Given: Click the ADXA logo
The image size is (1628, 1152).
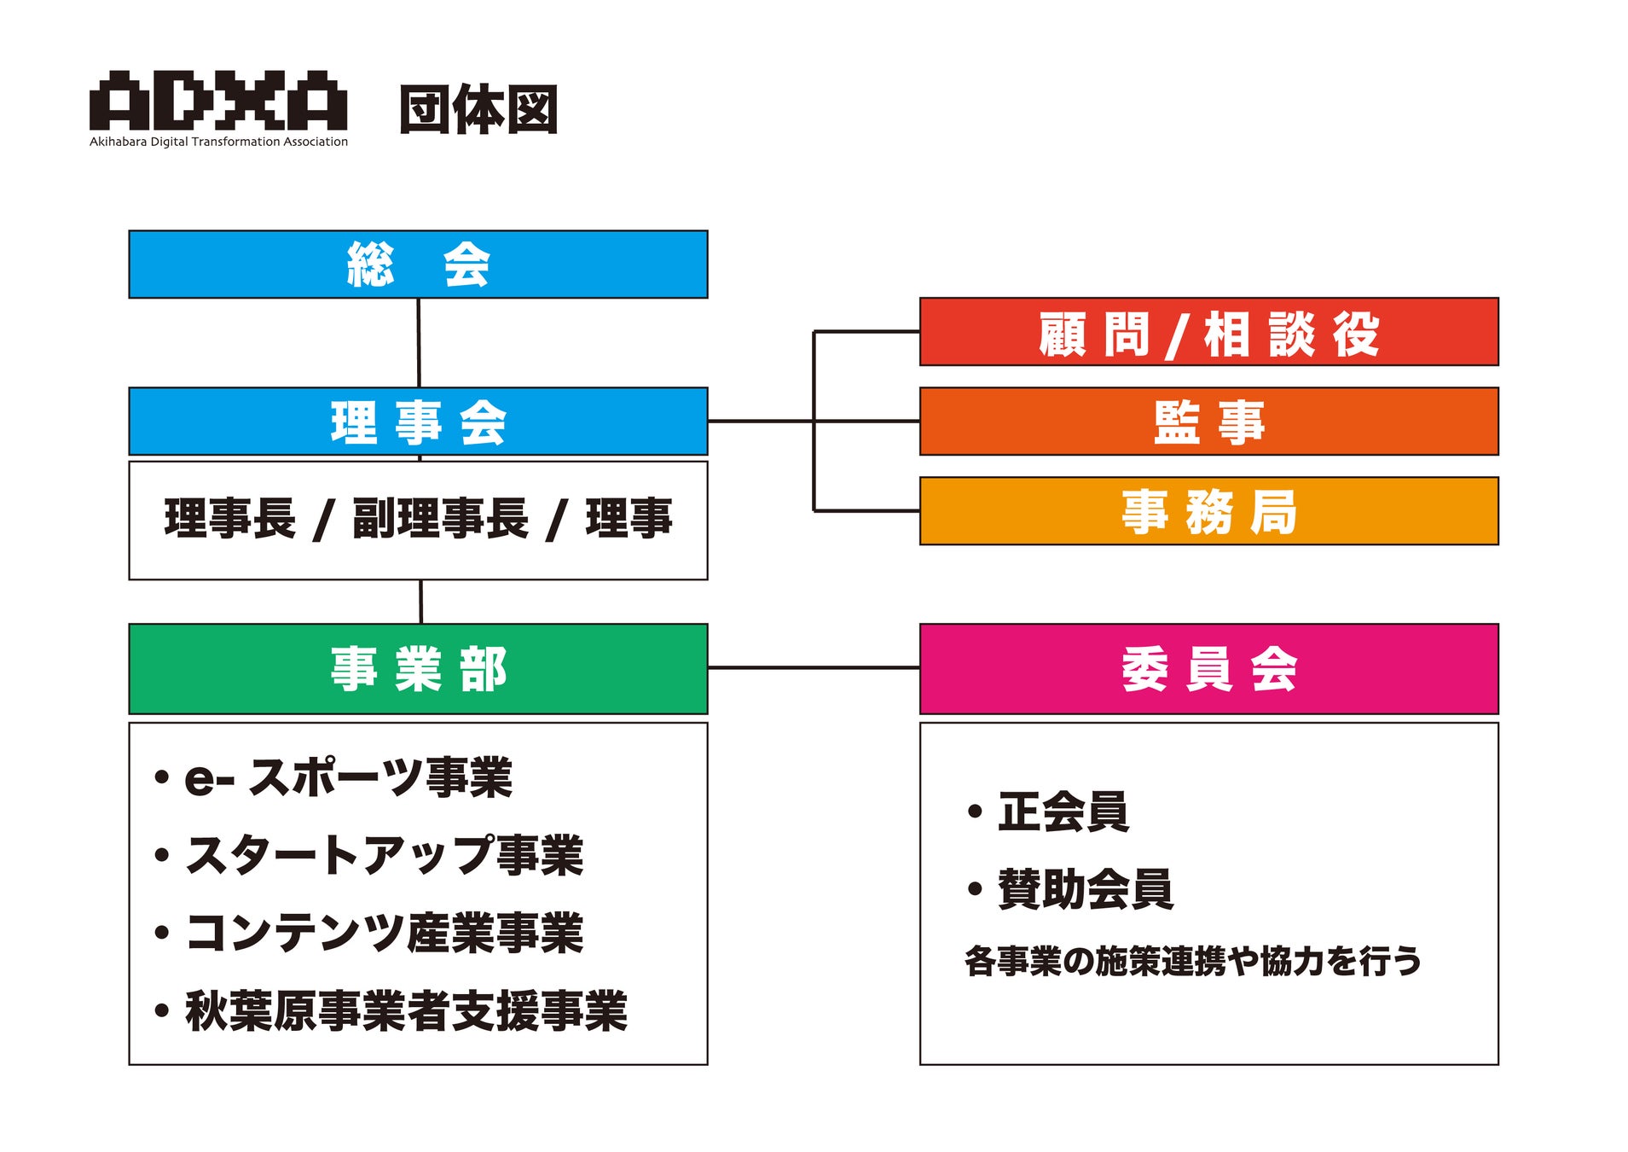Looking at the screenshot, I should [x=218, y=101].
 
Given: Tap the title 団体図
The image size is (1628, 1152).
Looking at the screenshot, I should [x=478, y=109].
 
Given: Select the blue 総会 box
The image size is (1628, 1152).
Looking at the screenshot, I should [x=418, y=265].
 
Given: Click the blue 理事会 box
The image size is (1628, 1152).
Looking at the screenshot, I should [x=418, y=422].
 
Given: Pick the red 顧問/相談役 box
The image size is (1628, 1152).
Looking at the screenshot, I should [x=1208, y=332].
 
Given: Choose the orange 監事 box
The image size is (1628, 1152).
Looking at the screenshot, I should [x=1208, y=422].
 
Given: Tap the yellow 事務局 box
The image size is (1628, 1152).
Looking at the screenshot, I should [x=1208, y=511].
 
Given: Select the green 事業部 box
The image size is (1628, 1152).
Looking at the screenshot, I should [x=418, y=669].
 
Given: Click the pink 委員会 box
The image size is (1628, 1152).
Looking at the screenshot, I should [x=1208, y=669].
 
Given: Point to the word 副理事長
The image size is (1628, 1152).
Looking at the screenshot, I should [x=440, y=519].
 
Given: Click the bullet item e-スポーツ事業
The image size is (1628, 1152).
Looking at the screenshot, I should [x=348, y=777].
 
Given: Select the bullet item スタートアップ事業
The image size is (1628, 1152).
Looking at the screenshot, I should [x=384, y=855].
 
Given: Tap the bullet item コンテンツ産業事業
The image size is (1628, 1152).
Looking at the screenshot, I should [x=384, y=933].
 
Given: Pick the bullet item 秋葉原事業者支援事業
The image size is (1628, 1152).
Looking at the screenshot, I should [x=406, y=1011].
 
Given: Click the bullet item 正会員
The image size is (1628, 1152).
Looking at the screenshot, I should [x=1063, y=812].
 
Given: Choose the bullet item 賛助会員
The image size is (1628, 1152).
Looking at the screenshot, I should [x=1085, y=889].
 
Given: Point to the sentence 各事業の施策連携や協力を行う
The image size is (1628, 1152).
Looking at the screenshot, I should [x=1193, y=961].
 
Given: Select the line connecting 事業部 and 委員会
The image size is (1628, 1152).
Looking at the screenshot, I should [x=814, y=667].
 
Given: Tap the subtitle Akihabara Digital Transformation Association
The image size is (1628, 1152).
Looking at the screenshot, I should [x=218, y=142].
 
